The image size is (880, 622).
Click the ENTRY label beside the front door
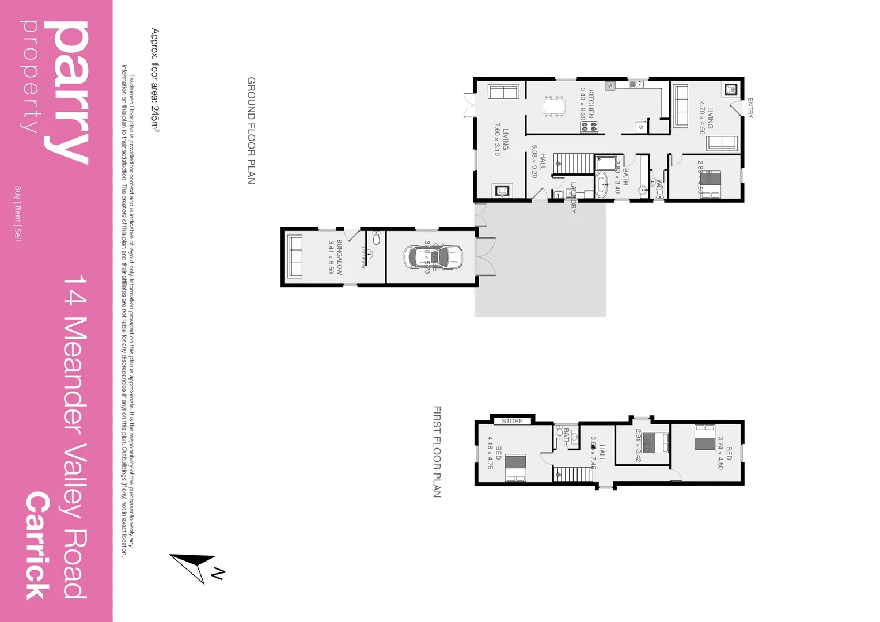(x=750, y=108)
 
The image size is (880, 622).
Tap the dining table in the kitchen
(x=553, y=107)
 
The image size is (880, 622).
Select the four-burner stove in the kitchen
(x=589, y=127)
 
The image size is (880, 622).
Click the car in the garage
(x=433, y=257)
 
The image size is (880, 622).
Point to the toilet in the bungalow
(x=376, y=237)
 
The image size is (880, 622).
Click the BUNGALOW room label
(x=340, y=257)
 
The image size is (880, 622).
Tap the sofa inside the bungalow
(x=294, y=257)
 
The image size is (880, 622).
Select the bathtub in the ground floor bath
(x=601, y=185)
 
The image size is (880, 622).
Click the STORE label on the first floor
(x=512, y=421)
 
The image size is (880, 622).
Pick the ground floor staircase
(x=573, y=164)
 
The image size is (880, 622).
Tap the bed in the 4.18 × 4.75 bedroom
(x=515, y=467)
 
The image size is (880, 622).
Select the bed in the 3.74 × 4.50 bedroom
(x=705, y=438)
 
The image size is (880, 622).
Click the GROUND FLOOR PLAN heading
(x=251, y=130)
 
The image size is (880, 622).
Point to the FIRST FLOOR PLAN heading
(x=437, y=452)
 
